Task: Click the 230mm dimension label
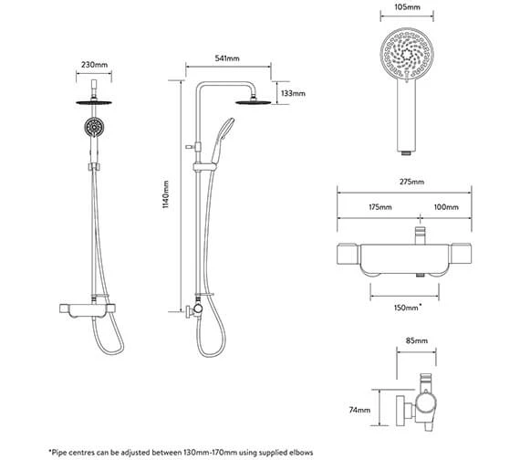tap(94, 65)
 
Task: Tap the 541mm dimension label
tap(227, 58)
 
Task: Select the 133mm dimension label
tap(293, 93)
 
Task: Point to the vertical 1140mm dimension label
tap(165, 194)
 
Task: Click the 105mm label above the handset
tap(407, 7)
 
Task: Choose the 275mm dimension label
tap(411, 182)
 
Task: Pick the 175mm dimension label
tap(380, 207)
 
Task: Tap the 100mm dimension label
tap(446, 207)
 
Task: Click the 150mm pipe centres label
tap(408, 308)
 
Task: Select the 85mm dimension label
tap(417, 340)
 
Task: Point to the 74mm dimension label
tap(359, 410)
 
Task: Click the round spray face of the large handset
tap(407, 54)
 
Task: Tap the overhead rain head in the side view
tap(254, 101)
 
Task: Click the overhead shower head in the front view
tap(94, 102)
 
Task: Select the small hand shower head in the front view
tap(94, 127)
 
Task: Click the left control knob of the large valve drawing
tap(347, 254)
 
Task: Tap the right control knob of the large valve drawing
tap(461, 254)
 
